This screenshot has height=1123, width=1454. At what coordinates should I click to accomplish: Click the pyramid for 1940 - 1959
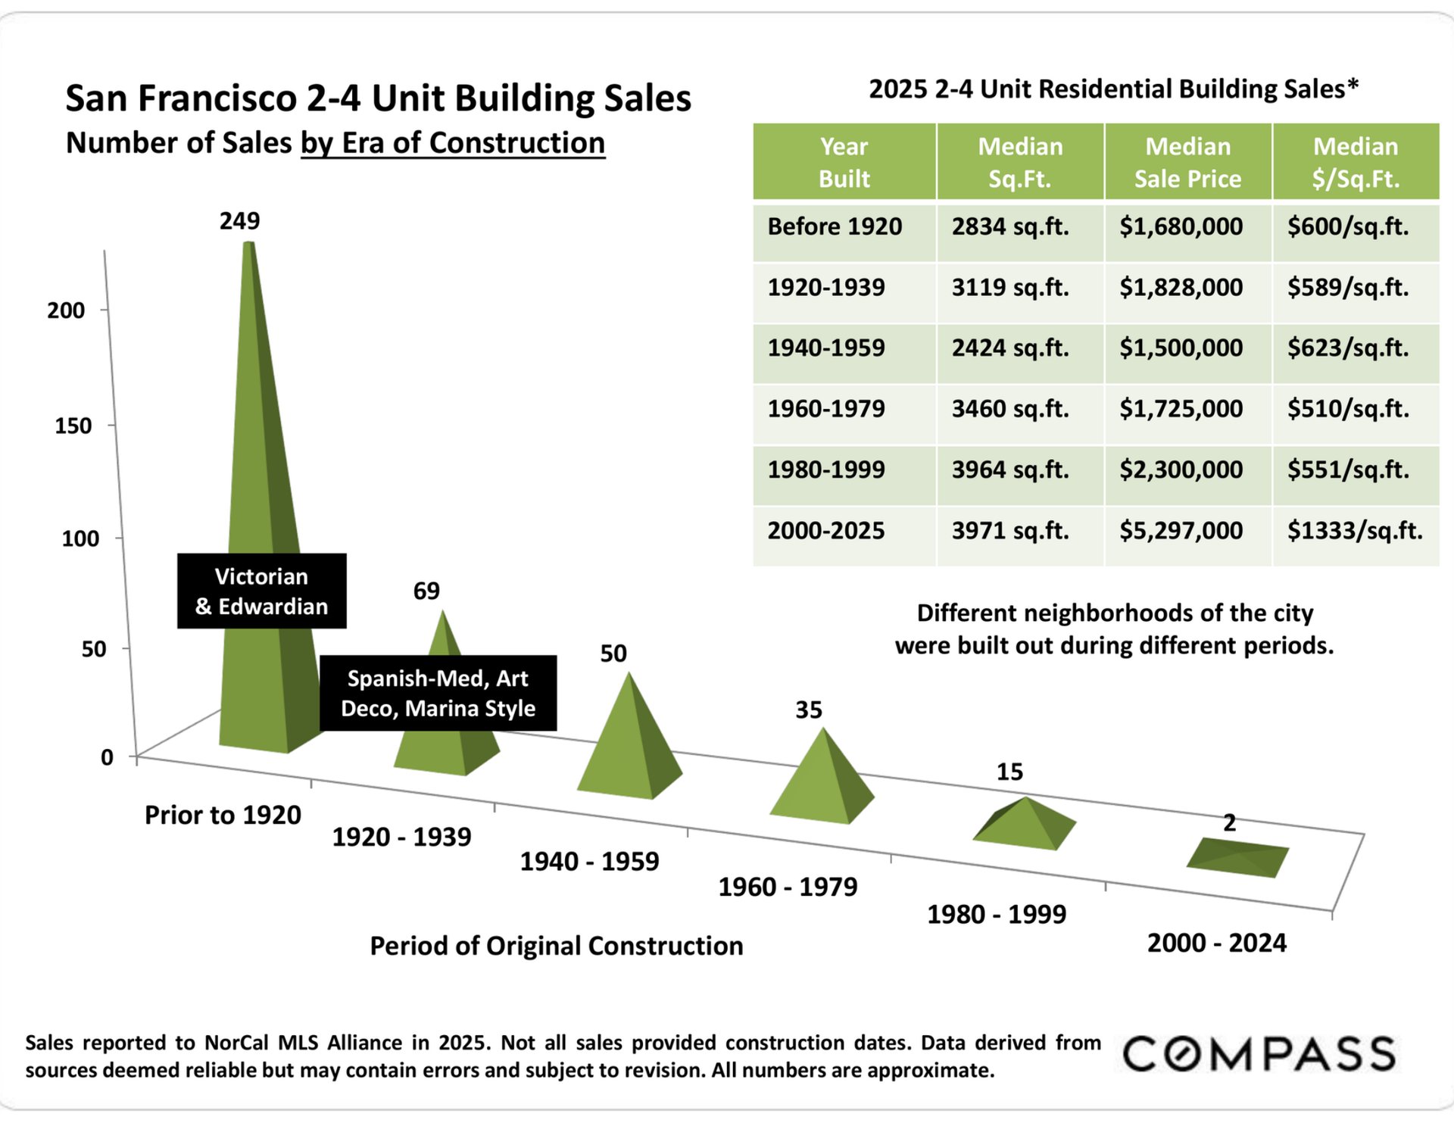pos(629,750)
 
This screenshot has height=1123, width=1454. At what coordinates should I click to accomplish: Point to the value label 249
pos(239,220)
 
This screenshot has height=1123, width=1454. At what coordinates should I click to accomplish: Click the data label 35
pos(808,710)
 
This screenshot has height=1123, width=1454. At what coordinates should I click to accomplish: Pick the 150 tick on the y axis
pos(73,426)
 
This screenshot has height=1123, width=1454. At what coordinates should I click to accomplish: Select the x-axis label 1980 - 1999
pos(997,914)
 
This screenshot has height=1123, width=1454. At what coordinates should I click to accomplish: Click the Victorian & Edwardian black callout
pos(261,591)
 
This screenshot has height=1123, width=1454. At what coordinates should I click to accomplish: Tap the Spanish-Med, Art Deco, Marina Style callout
pos(438,693)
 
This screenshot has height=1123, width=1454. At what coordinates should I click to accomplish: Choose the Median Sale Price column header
pos(1187,162)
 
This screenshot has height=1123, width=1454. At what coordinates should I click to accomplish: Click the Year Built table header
pos(844,162)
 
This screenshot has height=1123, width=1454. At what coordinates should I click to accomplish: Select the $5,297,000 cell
pos(1181,530)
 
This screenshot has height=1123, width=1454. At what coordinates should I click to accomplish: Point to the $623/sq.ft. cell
pos(1348,348)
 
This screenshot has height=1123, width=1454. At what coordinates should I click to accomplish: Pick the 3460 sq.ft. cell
pos(1010,408)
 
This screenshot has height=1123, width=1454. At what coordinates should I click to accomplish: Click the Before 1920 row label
pos(835,226)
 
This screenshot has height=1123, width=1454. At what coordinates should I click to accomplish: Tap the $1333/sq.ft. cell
pos(1355,530)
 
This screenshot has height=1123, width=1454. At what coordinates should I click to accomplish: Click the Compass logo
pos(1259,1054)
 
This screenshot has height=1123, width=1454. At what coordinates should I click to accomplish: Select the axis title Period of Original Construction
pos(556,946)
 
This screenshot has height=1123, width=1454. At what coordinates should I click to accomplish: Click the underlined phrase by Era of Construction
pos(453,142)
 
